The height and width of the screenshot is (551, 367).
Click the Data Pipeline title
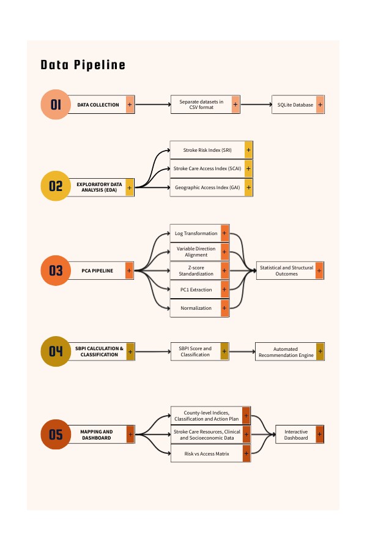[83, 65]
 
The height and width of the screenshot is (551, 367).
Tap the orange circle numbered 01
[56, 104]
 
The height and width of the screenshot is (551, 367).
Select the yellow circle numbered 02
[56, 186]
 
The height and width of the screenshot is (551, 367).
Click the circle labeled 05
[56, 434]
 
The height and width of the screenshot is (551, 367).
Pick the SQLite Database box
[298, 104]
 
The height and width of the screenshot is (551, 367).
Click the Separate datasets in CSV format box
[206, 104]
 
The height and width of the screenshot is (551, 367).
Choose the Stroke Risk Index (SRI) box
[212, 150]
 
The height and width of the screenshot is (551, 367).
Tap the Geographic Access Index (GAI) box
[212, 187]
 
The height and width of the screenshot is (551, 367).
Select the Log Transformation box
[199, 233]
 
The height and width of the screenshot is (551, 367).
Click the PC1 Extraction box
[199, 290]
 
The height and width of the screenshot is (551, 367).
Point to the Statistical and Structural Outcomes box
[290, 271]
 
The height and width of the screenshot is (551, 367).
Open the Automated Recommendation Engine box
[290, 351]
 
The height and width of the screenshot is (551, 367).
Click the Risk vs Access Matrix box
[210, 453]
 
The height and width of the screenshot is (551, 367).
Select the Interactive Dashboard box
[300, 434]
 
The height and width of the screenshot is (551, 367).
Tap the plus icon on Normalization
[224, 308]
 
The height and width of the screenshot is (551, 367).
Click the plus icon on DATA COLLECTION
[130, 104]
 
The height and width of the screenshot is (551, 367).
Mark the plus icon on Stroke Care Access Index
[248, 169]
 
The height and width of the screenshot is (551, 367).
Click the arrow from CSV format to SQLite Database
[256, 104]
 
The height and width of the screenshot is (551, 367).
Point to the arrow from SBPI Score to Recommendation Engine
[242, 351]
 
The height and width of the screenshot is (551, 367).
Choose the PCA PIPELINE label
[97, 271]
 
